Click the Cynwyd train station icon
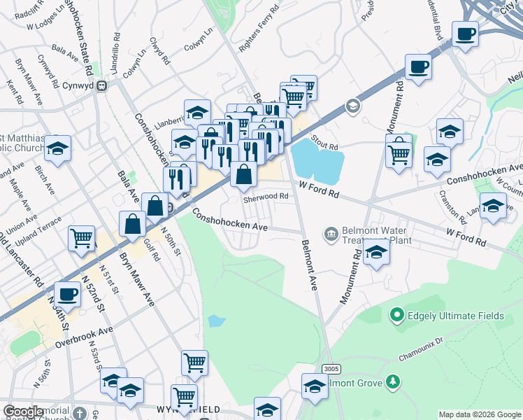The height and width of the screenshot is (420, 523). (102, 86)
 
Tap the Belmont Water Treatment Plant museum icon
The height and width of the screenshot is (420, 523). (331, 232)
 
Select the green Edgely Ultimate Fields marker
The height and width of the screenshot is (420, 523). (397, 316)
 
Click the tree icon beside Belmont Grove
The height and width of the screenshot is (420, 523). (394, 381)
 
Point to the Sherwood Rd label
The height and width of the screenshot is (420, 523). (266, 197)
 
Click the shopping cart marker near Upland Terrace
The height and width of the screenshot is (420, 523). (82, 238)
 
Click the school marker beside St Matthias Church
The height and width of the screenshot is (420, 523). (58, 148)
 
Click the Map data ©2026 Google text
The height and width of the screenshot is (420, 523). (479, 414)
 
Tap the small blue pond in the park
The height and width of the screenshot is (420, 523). (217, 321)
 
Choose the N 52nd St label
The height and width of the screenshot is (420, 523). (96, 295)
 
